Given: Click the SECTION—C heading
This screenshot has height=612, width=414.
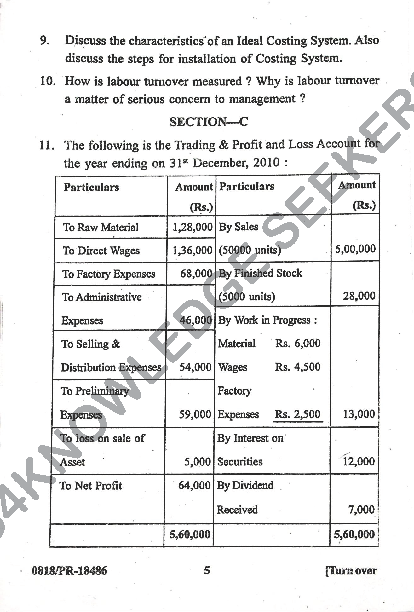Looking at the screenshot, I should (209, 122).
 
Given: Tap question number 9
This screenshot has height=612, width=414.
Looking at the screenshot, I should (44, 41).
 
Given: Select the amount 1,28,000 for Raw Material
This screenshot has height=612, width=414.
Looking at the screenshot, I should (192, 227).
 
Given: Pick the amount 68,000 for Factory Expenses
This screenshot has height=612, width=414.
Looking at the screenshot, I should (196, 274).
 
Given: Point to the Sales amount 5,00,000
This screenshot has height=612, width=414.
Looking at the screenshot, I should (355, 249).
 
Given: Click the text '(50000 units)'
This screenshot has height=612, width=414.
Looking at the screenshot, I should (250, 250).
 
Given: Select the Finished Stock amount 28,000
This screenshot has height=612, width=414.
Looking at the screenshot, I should (359, 296).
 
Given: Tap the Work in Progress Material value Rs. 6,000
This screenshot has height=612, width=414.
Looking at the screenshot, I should (297, 343).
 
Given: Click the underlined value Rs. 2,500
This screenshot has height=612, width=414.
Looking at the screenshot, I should (297, 414).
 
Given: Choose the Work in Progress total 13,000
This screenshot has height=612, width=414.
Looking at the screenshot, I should (359, 414).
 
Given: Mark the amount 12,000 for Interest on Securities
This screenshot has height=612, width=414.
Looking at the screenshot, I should (359, 462).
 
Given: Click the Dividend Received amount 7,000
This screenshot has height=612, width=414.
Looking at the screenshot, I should (361, 510).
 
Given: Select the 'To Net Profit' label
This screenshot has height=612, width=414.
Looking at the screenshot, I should (91, 486).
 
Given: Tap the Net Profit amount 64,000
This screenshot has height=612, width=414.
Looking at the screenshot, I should (194, 485).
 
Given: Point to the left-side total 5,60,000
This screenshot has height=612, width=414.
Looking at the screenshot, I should (190, 534).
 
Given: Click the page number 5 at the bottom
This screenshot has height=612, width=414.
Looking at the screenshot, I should (207, 570).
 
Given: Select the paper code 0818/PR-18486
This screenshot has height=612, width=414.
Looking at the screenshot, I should (69, 571).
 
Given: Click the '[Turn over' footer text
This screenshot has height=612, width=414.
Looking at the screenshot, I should (351, 571).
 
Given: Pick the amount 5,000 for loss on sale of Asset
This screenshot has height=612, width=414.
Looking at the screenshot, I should (197, 462).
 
